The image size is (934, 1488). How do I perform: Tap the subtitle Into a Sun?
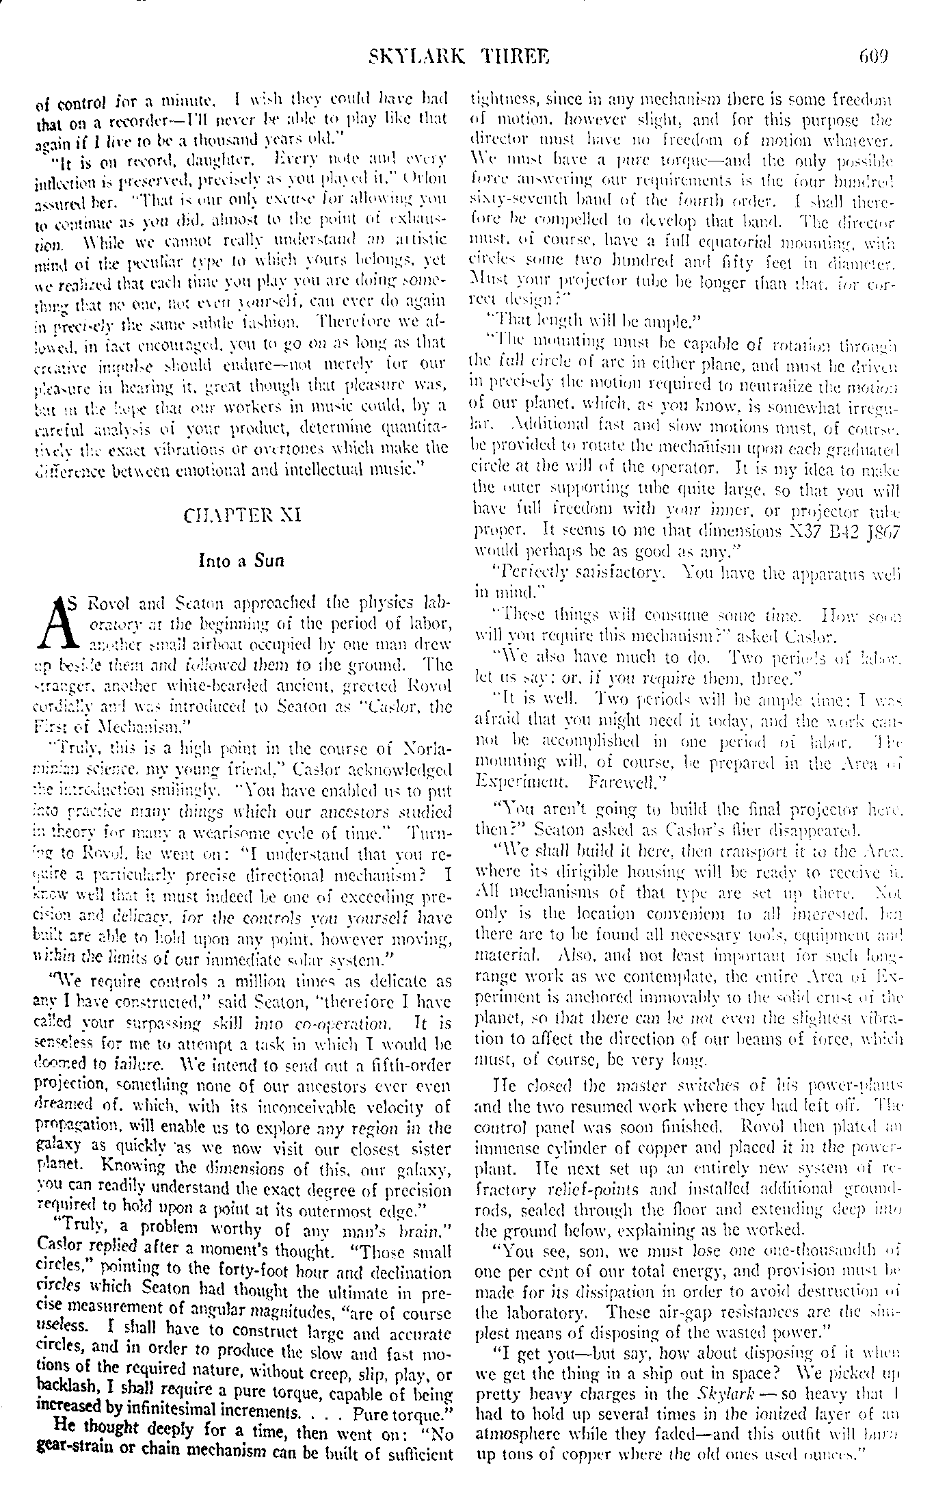tap(241, 561)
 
